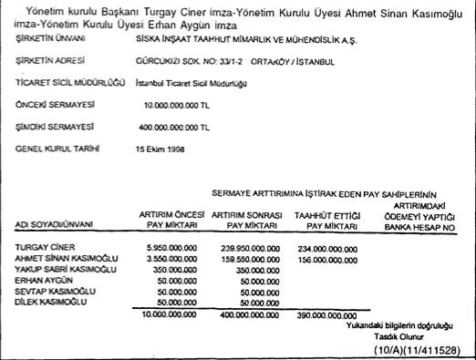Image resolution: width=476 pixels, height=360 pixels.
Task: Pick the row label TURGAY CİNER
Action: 43,247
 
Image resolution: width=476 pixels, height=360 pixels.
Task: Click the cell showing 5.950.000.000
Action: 172,247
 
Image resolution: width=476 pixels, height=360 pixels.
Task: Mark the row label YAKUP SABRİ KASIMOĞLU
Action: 67,269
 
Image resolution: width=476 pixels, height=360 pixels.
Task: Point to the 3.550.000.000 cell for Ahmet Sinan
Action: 172,258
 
